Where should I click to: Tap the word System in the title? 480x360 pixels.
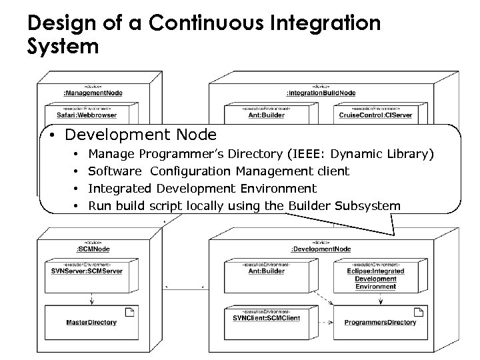point(63,47)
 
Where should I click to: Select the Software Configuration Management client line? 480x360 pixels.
point(219,171)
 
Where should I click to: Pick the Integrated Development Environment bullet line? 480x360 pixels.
point(203,189)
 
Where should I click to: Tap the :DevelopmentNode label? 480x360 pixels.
point(321,250)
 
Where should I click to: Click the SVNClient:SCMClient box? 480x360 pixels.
point(263,317)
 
